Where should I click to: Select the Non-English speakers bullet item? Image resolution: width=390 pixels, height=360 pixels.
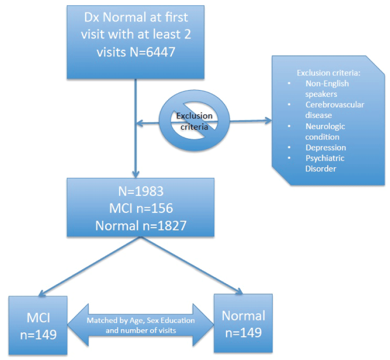coord(327,89)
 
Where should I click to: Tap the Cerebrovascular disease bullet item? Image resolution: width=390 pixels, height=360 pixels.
coord(334,110)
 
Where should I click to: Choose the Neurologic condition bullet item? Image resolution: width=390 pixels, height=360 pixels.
coord(325,131)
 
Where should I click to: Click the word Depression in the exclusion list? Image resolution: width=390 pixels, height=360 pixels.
coord(325,147)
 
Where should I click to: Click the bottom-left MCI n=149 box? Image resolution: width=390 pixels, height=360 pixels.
coord(38,325)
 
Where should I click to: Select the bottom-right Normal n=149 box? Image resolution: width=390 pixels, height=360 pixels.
coord(243,324)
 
